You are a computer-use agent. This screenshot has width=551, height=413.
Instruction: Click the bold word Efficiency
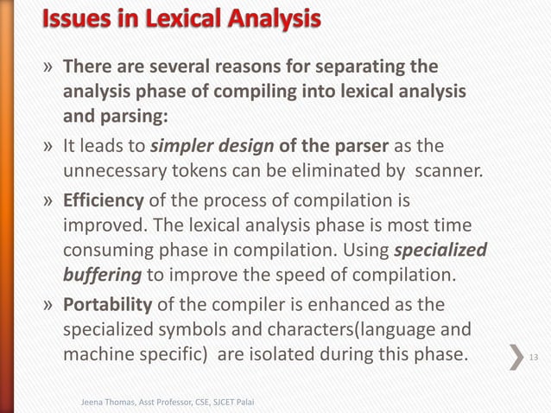pos(104,201)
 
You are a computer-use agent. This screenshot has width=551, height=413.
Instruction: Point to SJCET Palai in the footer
pos(237,402)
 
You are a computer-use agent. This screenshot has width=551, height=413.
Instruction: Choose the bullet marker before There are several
pos(50,67)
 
